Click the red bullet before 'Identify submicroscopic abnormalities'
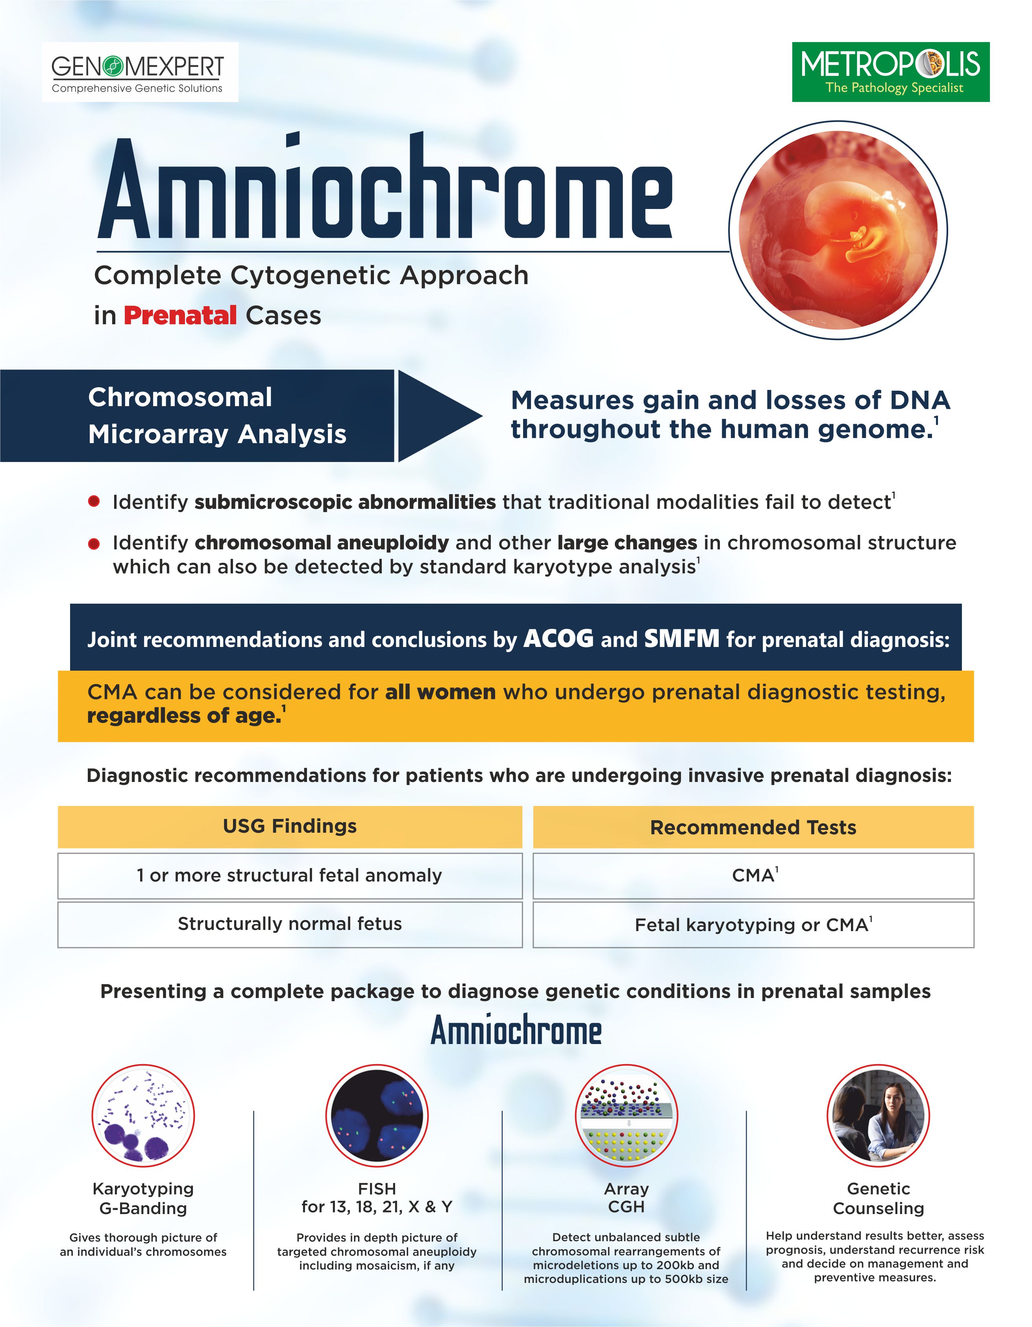click(x=94, y=501)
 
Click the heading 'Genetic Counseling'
click(x=878, y=1198)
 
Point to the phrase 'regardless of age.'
click(x=184, y=716)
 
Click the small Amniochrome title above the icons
click(x=516, y=1031)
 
